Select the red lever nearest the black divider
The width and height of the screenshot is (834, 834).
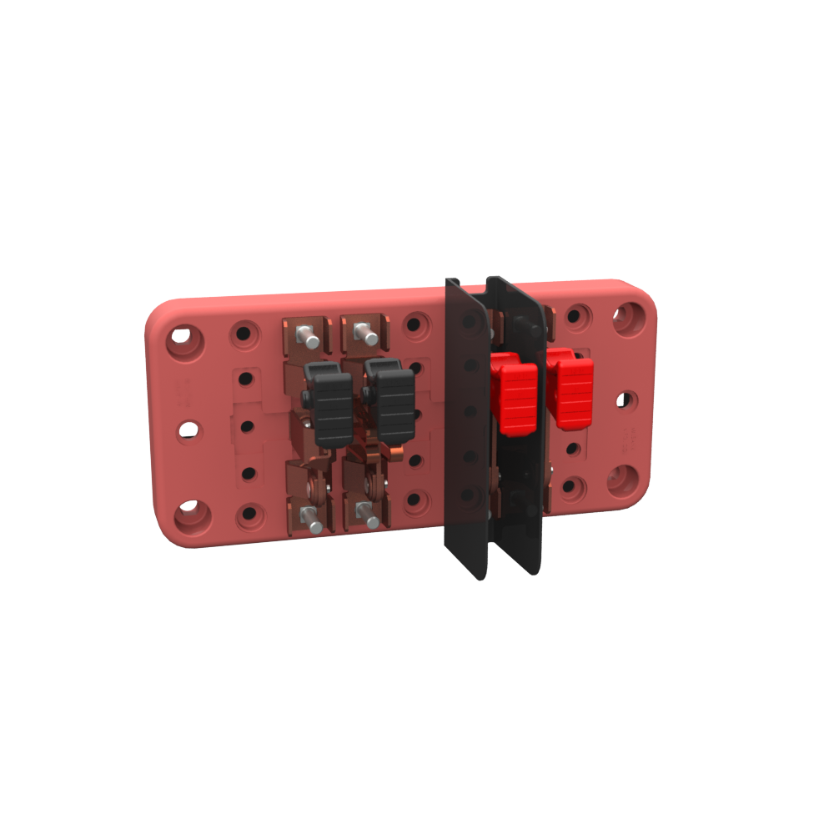coord(514,393)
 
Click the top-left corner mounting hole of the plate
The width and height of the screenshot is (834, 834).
coord(184,340)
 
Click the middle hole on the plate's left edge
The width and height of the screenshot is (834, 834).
coord(188,430)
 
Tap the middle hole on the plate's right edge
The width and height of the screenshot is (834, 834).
coord(624,399)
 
